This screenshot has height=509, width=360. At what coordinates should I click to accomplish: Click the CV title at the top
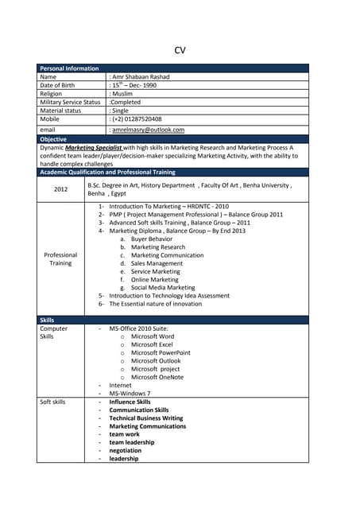[x=180, y=50]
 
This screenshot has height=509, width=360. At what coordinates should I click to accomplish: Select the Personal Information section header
[x=69, y=68]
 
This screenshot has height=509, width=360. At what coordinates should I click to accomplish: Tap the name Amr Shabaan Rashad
[x=141, y=77]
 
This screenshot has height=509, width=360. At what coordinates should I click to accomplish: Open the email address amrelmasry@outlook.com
[x=148, y=129]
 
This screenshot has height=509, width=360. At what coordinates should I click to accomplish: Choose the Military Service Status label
[x=70, y=102]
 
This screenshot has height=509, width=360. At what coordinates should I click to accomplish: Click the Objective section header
[x=53, y=139]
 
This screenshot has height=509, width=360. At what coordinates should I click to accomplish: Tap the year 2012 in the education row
[x=61, y=189]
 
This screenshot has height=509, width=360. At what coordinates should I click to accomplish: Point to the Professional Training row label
[x=60, y=259]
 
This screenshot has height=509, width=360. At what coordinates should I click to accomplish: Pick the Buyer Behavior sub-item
[x=151, y=239]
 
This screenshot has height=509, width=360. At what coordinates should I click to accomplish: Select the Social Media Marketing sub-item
[x=162, y=287]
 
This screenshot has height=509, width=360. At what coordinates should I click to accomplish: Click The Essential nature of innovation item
[x=155, y=304]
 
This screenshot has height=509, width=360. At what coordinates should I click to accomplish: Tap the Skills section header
[x=47, y=320]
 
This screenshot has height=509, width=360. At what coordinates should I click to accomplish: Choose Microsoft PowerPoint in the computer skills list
[x=161, y=352]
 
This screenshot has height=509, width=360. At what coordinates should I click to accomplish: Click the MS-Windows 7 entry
[x=130, y=393]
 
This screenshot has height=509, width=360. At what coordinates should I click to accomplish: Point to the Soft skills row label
[x=52, y=402]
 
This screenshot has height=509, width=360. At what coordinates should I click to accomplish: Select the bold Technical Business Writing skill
[x=145, y=418]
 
